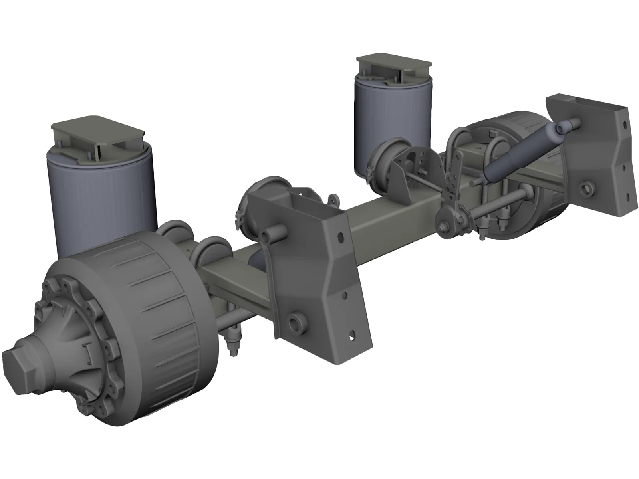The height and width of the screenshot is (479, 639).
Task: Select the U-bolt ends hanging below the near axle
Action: pyautogui.click(x=234, y=339)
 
